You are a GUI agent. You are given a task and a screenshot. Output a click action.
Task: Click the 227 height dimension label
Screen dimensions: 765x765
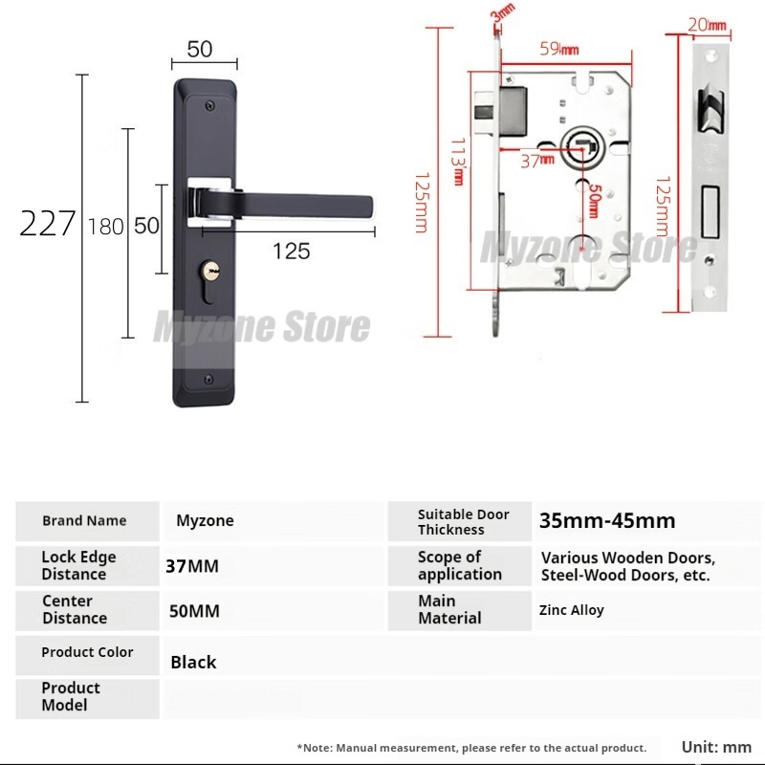(47, 224)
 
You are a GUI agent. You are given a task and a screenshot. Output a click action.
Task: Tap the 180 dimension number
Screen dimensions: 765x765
(105, 227)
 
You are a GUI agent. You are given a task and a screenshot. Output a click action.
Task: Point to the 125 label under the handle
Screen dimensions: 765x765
(291, 251)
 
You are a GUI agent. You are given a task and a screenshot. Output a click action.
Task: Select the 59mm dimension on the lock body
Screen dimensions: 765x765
(557, 48)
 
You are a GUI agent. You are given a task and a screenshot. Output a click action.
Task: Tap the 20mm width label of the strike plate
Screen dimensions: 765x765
(708, 24)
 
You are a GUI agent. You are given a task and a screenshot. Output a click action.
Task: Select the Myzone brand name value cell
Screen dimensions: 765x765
(205, 521)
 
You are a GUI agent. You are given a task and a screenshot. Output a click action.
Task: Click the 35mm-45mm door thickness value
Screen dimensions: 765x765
(607, 521)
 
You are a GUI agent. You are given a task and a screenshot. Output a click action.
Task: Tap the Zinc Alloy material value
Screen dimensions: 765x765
(572, 610)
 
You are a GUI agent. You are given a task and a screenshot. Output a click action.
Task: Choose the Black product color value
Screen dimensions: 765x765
(193, 662)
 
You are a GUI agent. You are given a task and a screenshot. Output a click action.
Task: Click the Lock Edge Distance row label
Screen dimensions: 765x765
(78, 565)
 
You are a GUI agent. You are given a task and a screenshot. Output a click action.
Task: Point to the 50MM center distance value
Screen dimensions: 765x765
(192, 610)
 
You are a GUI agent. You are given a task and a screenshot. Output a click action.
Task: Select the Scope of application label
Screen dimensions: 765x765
(459, 565)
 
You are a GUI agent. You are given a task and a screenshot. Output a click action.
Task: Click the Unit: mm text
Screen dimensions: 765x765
(716, 747)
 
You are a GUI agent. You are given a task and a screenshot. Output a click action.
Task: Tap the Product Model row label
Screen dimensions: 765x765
(71, 696)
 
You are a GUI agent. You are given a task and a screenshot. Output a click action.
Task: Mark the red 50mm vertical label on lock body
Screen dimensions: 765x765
(595, 201)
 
